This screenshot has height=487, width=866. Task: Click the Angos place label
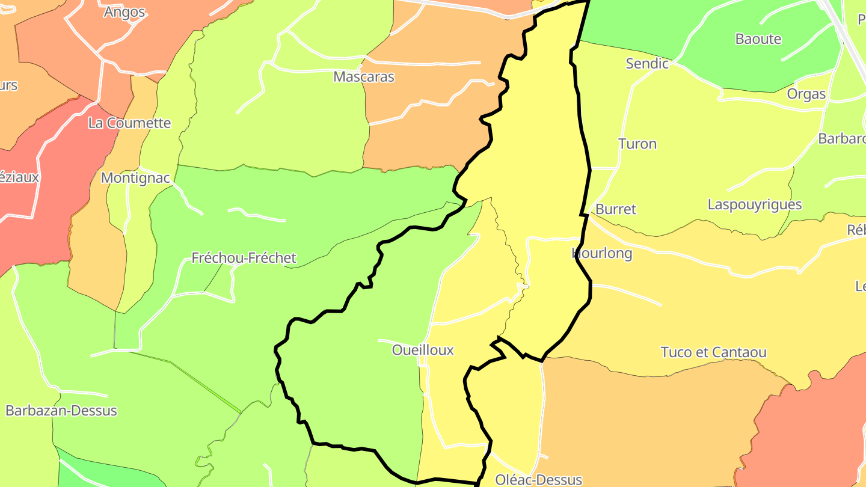124,12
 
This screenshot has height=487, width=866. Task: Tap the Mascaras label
364,77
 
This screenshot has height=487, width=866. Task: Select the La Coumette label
129,123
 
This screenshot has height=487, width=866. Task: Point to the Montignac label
136,178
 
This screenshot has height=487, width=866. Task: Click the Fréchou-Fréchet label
244,258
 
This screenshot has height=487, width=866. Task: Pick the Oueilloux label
423,350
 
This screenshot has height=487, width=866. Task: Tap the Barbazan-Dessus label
61,411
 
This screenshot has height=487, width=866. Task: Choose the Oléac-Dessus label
538,479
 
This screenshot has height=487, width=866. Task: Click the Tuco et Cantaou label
713,352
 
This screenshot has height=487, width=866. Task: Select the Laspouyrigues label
754,204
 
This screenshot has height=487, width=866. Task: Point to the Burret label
615,209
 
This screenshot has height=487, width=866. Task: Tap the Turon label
637,144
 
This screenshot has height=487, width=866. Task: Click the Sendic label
647,63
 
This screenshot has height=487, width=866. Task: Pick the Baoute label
758,39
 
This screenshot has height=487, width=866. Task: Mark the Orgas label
806,94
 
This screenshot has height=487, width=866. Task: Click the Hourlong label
602,253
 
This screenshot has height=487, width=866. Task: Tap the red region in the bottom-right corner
806,433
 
